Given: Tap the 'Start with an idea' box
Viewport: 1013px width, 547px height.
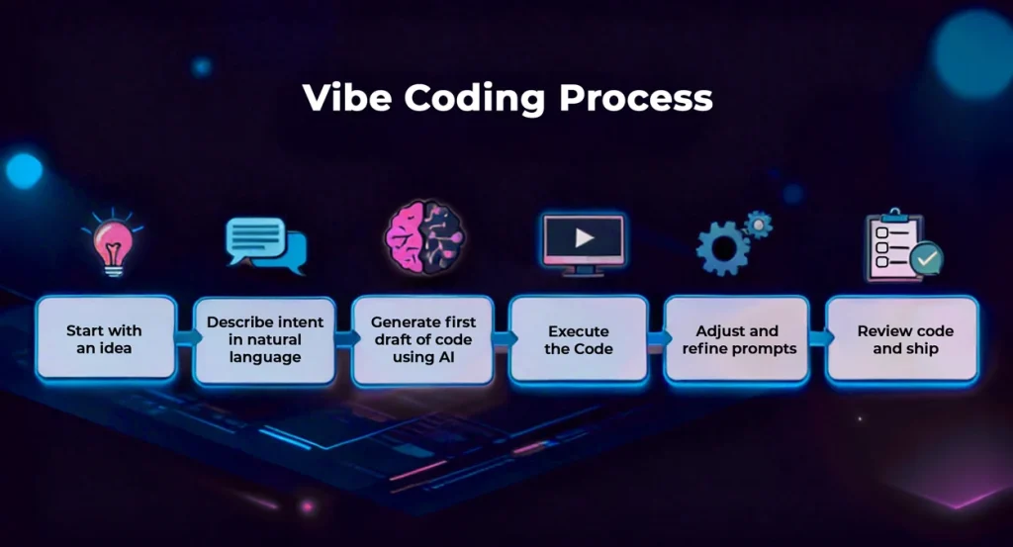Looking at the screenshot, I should (104, 339).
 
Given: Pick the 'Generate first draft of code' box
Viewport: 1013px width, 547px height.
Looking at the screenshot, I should (422, 339).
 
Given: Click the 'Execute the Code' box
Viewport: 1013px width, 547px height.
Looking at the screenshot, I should (579, 339).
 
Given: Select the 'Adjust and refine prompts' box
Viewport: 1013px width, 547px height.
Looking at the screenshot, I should (737, 339).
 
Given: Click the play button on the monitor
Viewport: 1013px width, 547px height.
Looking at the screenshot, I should (584, 237).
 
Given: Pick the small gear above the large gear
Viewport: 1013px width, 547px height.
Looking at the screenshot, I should (758, 224).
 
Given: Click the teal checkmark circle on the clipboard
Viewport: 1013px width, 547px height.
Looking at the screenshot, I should (926, 259).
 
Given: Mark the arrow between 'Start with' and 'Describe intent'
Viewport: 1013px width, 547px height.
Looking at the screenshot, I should (184, 338).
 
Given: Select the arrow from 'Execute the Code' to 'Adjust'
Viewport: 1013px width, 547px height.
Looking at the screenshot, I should (656, 338).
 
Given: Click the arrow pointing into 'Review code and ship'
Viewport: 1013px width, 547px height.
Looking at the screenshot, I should (817, 338).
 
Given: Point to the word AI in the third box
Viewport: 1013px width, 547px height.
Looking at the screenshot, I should (450, 356).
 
